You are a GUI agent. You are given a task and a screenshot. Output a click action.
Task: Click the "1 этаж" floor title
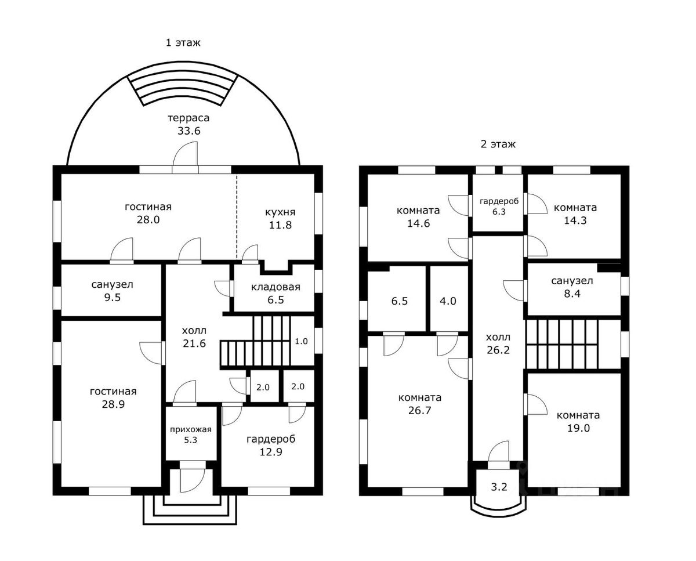(183, 43)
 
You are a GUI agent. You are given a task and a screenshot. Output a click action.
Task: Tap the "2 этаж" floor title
(498, 144)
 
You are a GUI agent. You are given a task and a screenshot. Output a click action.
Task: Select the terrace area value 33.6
(189, 131)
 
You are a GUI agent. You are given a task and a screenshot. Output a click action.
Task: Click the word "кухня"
(280, 212)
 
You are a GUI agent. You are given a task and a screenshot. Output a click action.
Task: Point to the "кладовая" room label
(275, 287)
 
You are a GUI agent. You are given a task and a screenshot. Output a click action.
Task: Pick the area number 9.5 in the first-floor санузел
(112, 297)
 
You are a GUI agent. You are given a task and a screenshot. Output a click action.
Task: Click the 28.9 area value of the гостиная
(113, 404)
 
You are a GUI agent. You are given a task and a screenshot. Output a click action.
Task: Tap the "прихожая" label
(190, 430)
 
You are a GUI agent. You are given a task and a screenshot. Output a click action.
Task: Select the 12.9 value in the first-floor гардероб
(271, 452)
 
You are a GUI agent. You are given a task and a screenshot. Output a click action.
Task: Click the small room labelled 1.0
(301, 341)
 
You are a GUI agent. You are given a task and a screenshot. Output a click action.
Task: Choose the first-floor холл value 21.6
(194, 343)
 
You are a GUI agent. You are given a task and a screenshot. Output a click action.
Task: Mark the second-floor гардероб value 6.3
(499, 212)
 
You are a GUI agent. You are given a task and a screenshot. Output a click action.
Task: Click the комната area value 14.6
(419, 223)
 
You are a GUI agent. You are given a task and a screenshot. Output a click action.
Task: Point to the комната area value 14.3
(575, 220)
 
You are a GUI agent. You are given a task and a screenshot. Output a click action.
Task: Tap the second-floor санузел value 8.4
(572, 294)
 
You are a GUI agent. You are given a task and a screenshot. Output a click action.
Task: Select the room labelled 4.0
(448, 301)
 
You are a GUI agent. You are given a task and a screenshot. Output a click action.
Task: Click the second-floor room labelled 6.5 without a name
(400, 301)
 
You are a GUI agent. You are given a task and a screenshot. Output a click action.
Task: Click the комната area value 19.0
(578, 428)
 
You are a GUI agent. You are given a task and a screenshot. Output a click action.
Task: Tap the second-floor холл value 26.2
(498, 350)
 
